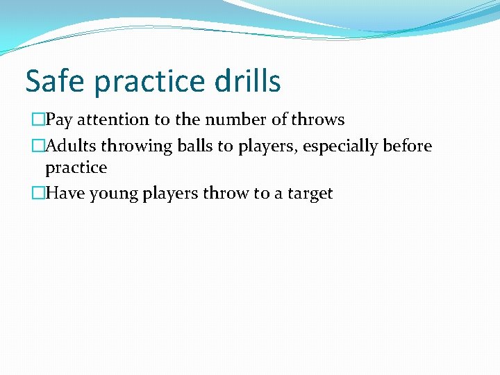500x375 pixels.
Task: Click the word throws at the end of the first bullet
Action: (317, 120)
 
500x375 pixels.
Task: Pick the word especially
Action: (337, 147)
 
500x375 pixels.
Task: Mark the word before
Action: (408, 146)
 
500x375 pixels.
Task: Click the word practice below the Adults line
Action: (76, 168)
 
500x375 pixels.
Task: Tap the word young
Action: (113, 194)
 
